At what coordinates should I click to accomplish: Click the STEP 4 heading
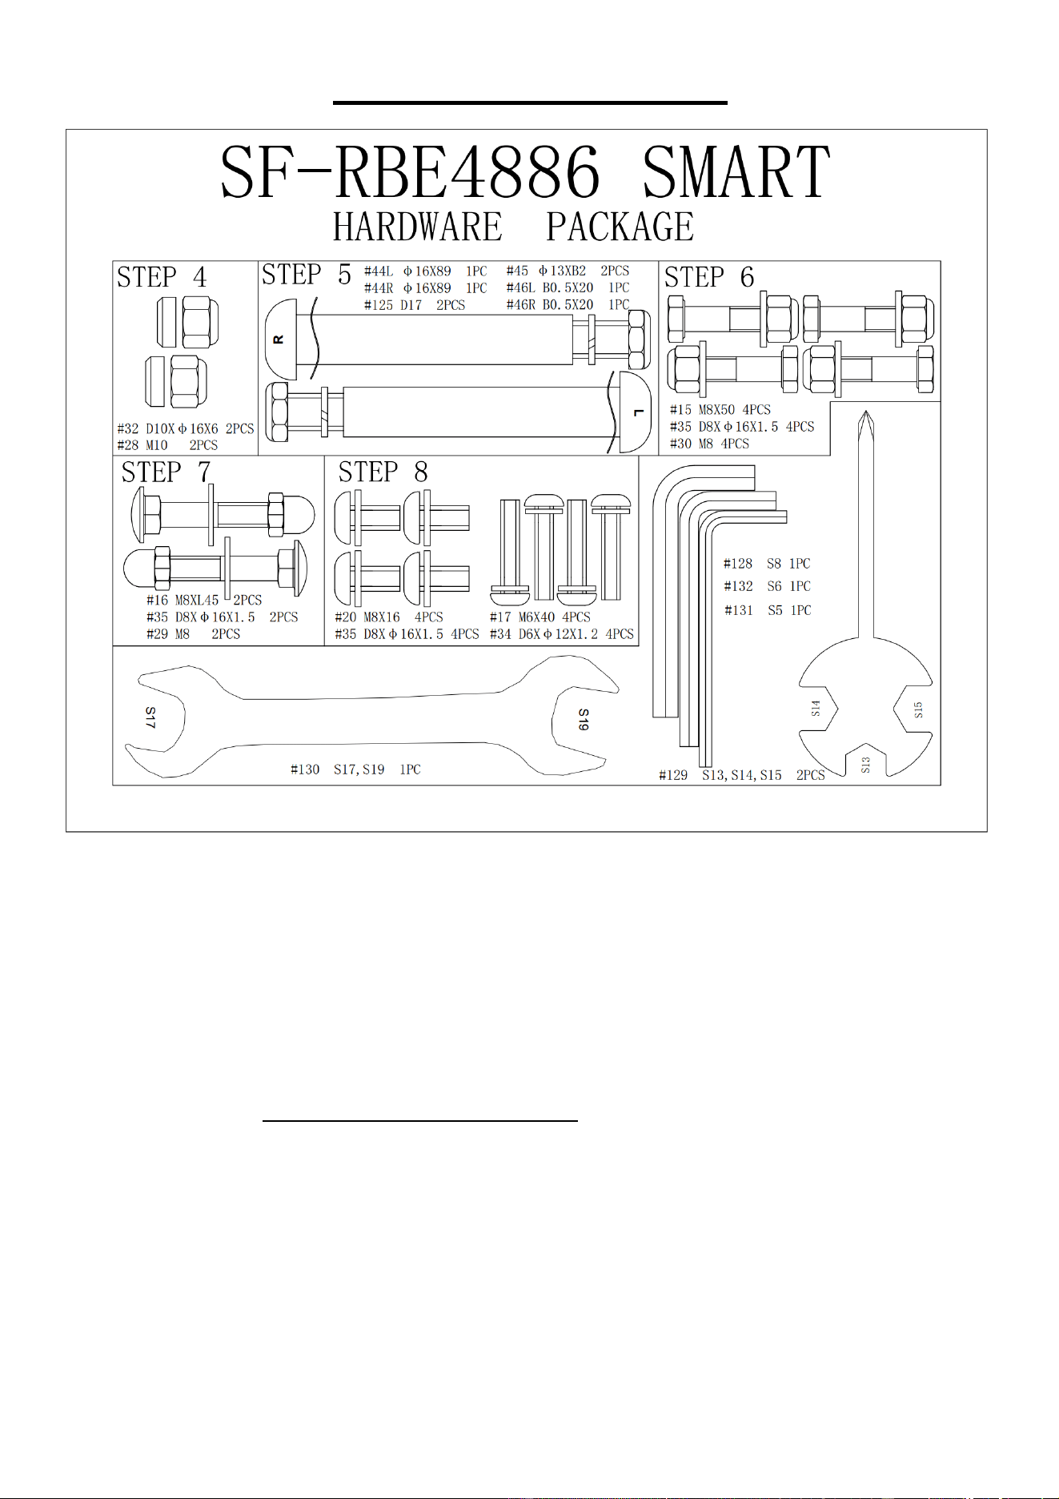162,277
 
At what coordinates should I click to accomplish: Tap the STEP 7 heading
166,472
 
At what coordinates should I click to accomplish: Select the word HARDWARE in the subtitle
418,227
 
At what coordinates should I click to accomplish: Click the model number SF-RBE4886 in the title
410,172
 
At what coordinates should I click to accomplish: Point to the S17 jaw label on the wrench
150,717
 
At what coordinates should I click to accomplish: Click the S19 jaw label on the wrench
584,719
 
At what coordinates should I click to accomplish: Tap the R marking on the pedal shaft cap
279,340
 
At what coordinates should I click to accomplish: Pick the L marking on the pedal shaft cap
638,412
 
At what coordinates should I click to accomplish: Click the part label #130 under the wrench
305,770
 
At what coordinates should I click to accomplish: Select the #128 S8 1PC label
767,564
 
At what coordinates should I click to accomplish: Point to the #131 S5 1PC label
768,610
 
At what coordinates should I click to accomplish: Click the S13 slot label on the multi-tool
865,766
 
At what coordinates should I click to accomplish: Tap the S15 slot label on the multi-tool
918,710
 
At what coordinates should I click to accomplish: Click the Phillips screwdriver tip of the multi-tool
864,412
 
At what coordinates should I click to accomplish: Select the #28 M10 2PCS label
167,445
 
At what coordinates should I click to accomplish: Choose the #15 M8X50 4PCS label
720,410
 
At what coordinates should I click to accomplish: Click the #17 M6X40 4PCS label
540,617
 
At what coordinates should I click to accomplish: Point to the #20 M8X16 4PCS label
389,617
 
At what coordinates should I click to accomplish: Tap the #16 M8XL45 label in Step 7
183,600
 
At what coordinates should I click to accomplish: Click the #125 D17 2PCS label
415,305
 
